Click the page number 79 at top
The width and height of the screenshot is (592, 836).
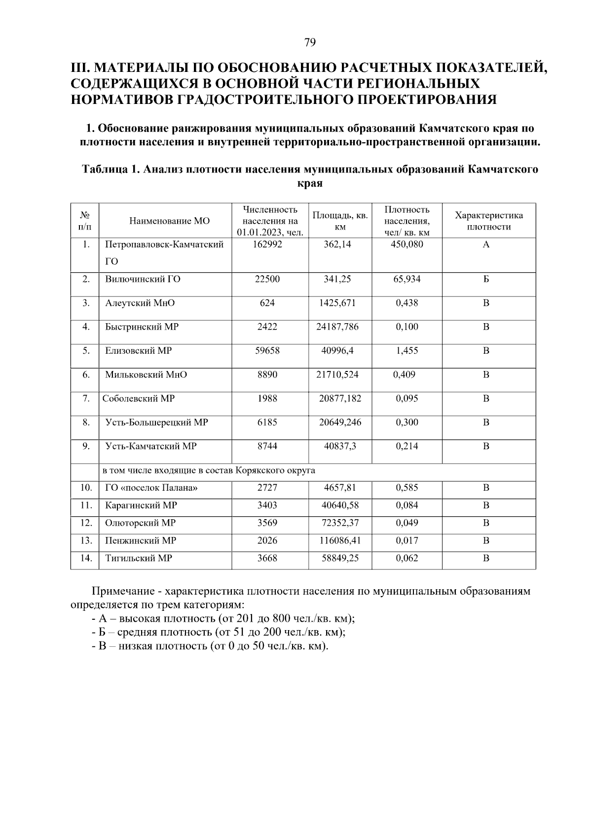[310, 42]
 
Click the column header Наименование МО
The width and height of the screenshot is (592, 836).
[169, 221]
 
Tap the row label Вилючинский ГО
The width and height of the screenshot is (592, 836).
[143, 279]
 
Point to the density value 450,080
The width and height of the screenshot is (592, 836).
[407, 244]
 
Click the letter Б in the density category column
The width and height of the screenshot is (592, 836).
[486, 279]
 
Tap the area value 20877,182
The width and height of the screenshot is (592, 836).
[340, 399]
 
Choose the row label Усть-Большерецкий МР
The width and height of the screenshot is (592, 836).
[156, 422]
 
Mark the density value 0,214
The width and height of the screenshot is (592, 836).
[407, 446]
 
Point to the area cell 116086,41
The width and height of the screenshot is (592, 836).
[340, 540]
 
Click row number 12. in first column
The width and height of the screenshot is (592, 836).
[86, 523]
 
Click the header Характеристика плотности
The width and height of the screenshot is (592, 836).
[488, 221]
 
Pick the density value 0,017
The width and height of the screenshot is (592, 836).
[407, 540]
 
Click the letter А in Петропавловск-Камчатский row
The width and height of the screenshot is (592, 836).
[486, 244]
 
